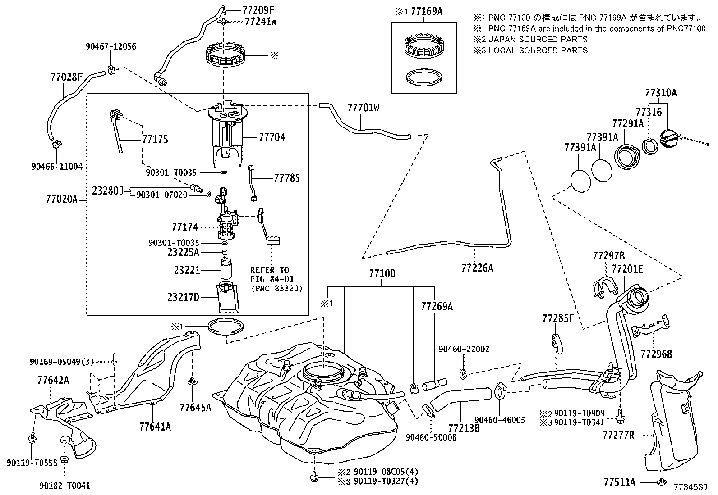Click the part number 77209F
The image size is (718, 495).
click(x=258, y=10)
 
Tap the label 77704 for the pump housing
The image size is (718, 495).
click(x=272, y=137)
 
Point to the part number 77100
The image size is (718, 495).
click(x=382, y=274)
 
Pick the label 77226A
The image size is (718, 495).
click(x=477, y=268)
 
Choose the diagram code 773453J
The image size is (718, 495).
click(x=690, y=487)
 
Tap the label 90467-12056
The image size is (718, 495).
click(x=111, y=47)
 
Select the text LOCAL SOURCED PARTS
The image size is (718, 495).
click(x=538, y=50)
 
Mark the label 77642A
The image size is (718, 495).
click(x=53, y=381)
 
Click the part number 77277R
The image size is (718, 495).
click(x=618, y=436)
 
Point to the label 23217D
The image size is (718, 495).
click(x=184, y=297)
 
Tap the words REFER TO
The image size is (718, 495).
click(x=270, y=270)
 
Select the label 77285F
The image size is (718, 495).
click(x=558, y=318)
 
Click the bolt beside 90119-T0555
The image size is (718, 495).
click(x=32, y=438)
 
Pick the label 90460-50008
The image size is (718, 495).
click(x=431, y=437)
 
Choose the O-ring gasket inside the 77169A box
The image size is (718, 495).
click(x=424, y=78)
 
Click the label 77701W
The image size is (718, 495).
click(x=364, y=108)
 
